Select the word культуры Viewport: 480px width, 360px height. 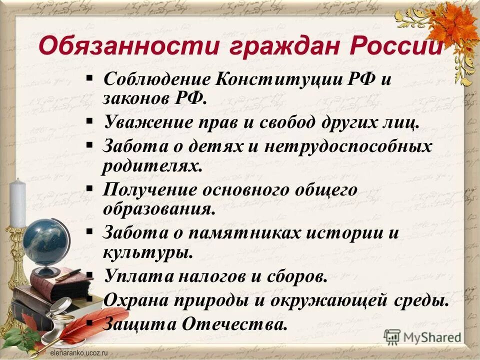[x=147, y=251]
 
